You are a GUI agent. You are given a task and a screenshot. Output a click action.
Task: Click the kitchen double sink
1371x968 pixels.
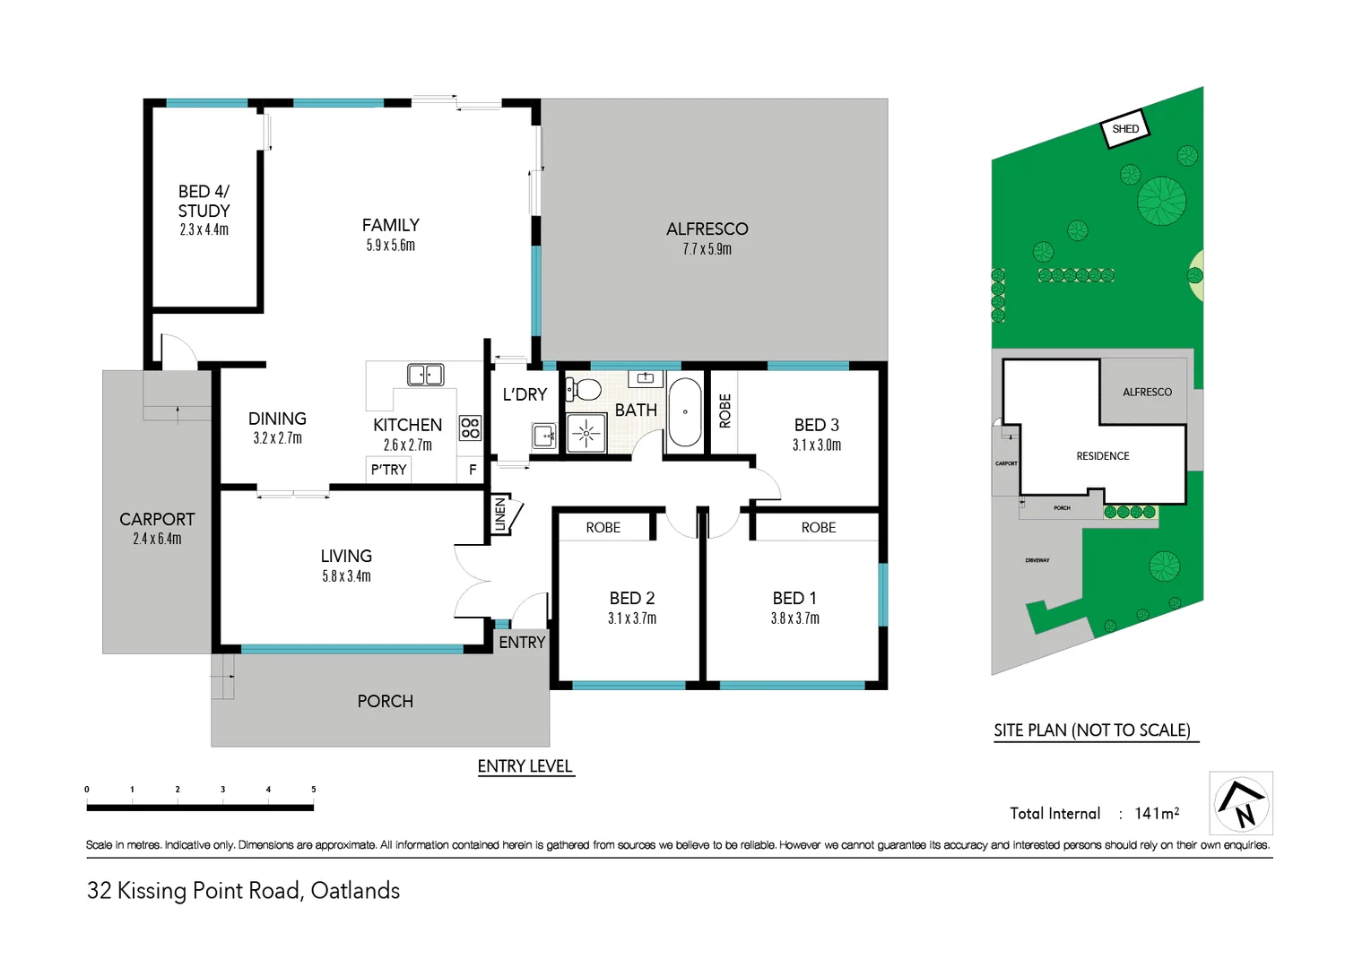point(425,374)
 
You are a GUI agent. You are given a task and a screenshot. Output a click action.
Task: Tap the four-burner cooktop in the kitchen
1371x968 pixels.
point(470,428)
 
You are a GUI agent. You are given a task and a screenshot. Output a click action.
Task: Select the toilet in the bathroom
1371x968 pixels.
point(585,389)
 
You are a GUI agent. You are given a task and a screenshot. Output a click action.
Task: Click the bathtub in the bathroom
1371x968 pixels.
point(685,412)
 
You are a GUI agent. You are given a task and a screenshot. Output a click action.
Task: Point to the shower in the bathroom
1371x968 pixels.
point(586,433)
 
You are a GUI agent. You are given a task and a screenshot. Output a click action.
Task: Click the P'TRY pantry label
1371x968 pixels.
point(388,470)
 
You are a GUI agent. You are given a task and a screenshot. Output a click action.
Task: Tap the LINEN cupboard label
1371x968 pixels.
point(500,514)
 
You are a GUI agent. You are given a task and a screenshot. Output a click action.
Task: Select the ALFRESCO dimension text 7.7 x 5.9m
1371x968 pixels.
point(707,249)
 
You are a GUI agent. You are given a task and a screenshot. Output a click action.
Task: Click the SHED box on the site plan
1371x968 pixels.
point(1124,129)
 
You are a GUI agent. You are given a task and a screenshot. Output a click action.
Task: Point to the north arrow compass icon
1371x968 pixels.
point(1241,803)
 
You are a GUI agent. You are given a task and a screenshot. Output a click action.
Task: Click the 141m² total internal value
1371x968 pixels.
point(1157,813)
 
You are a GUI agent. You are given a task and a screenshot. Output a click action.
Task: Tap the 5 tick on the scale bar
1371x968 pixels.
point(313,790)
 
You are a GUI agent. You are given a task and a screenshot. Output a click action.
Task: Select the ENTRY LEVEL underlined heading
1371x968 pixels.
point(525,766)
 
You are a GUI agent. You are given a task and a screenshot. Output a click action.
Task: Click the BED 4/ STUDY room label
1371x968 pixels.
point(204,202)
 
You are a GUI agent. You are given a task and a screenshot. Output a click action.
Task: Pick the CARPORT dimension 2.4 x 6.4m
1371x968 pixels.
point(157,539)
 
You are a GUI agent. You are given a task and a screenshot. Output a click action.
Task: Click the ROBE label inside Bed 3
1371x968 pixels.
point(725,411)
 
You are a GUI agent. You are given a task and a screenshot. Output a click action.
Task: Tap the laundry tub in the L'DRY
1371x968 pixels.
point(544,436)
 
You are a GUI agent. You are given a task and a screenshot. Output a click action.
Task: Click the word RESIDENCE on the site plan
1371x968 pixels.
point(1102,456)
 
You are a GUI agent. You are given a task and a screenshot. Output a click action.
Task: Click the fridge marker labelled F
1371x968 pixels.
point(473,470)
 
